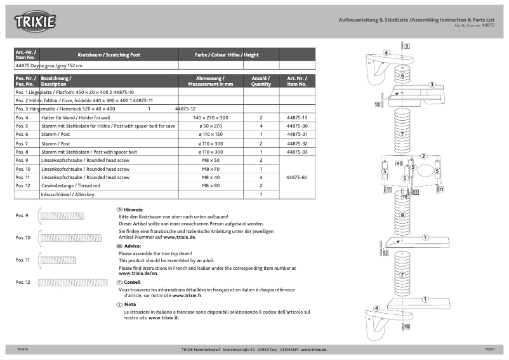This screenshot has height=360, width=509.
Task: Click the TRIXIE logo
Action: (36, 22)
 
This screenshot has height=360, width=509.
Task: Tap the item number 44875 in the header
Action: (487, 25)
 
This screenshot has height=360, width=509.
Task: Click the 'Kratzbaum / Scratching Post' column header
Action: (108, 55)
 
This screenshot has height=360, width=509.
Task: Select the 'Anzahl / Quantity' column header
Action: (261, 81)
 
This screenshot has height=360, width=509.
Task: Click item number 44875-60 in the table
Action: (296, 177)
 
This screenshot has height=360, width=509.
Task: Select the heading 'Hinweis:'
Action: (134, 210)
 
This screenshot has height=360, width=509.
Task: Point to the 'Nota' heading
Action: (130, 305)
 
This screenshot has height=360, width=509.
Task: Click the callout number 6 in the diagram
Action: (402, 76)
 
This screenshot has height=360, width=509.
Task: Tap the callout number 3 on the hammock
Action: (431, 84)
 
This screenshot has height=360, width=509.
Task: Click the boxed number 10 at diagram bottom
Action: (407, 326)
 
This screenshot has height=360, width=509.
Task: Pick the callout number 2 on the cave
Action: (423, 156)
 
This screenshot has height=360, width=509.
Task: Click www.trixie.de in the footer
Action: (314, 350)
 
